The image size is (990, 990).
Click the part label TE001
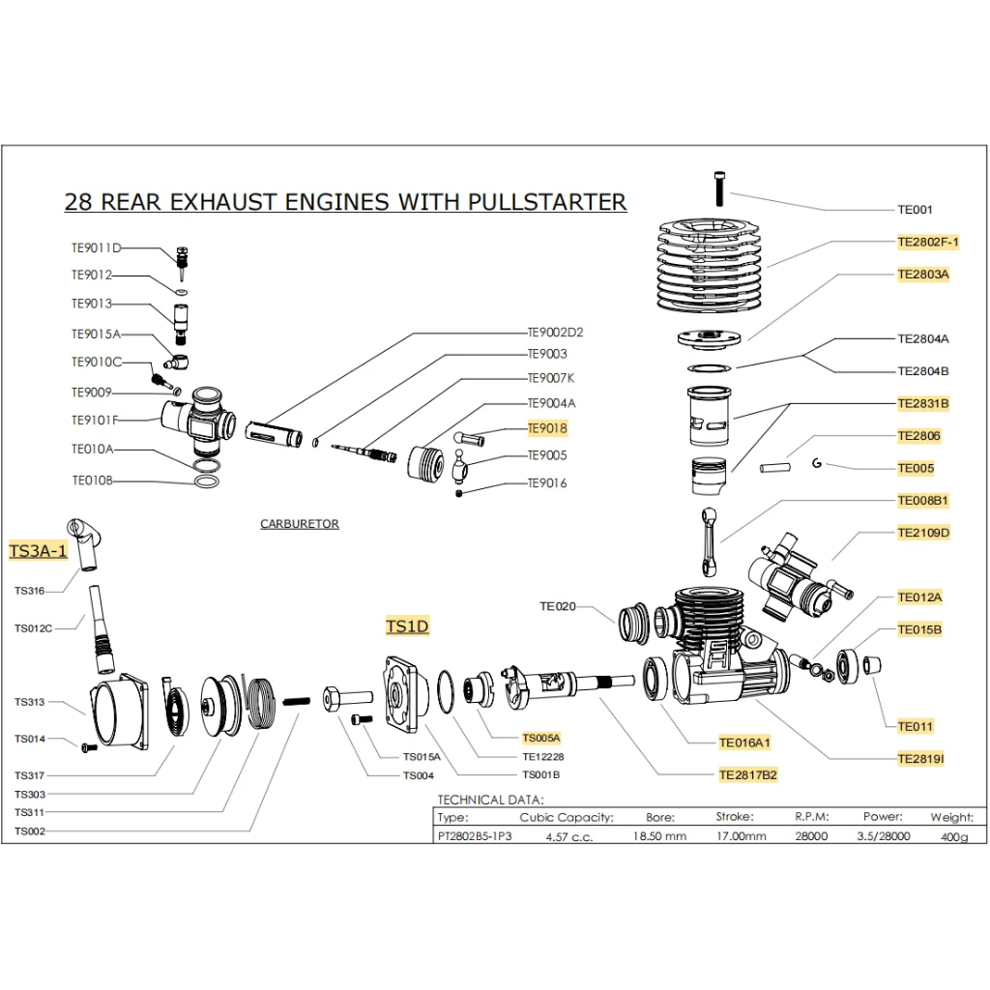(915, 210)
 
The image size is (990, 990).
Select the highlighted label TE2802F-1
(928, 242)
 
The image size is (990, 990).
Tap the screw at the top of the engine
(719, 189)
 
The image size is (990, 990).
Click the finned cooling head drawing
(709, 267)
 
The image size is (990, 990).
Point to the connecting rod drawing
(710, 541)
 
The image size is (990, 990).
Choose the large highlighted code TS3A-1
(38, 550)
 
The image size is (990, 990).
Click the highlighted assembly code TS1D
(407, 626)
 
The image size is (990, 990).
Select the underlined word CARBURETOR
(300, 524)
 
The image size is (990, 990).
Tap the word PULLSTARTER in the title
(547, 202)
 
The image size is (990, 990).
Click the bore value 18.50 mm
(659, 836)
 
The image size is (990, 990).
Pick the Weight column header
(952, 817)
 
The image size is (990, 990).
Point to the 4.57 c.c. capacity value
(568, 836)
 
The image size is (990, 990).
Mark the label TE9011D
(96, 248)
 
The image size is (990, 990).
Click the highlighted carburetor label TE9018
(547, 428)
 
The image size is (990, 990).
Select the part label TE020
(558, 606)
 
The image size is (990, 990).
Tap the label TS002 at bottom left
(30, 830)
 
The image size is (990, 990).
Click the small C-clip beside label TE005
(817, 463)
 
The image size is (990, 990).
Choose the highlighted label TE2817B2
(747, 774)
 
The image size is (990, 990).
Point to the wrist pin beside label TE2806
(774, 468)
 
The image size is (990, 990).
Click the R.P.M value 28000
(811, 836)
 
